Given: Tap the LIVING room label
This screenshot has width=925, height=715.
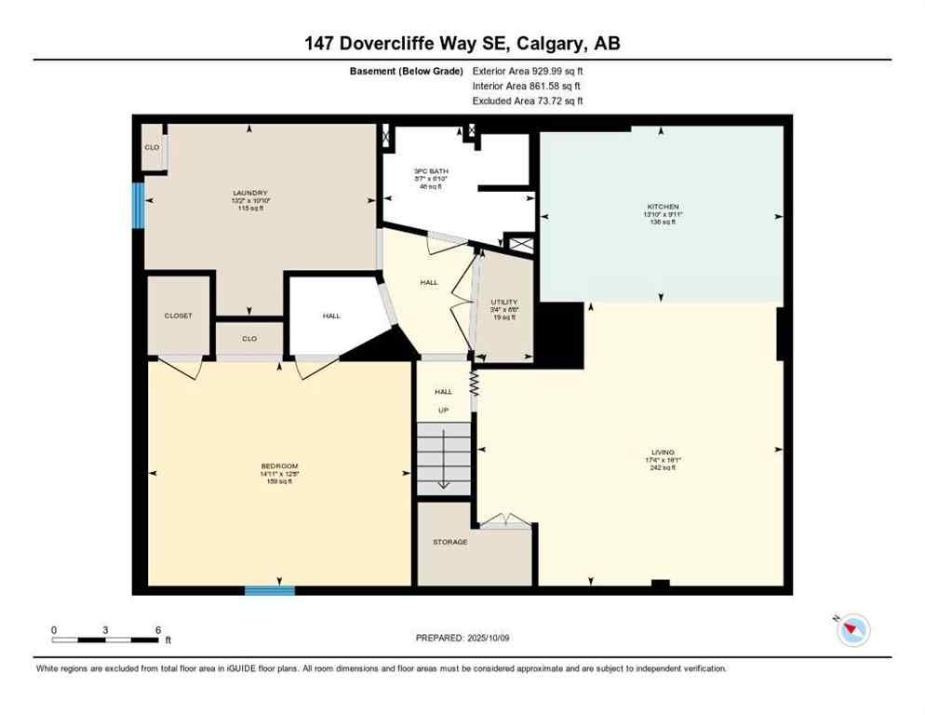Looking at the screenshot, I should pos(663,452).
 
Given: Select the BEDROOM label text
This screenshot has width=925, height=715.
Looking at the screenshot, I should pos(279,465).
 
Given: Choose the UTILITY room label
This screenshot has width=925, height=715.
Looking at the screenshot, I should pos(504,303).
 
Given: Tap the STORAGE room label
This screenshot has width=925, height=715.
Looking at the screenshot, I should pos(449,542).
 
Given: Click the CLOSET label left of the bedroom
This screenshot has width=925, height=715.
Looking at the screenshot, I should pos(178,316).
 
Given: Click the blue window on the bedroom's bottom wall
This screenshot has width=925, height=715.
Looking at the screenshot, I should pos(270,590).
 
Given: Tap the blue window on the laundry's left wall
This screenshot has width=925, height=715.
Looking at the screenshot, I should pos(139,205).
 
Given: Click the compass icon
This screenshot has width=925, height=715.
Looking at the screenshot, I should pos(852,630).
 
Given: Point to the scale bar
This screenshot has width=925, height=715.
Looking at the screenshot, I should pos(105,640).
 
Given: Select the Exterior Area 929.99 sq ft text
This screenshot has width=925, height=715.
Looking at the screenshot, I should pos(528,71).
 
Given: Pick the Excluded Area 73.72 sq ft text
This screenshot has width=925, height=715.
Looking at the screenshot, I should pos(528,101).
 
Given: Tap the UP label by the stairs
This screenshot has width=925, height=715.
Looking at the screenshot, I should pos(443,410).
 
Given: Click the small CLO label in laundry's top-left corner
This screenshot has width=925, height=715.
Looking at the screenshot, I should pos(151,147).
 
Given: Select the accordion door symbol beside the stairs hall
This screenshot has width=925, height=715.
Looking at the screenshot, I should pos(474,383).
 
